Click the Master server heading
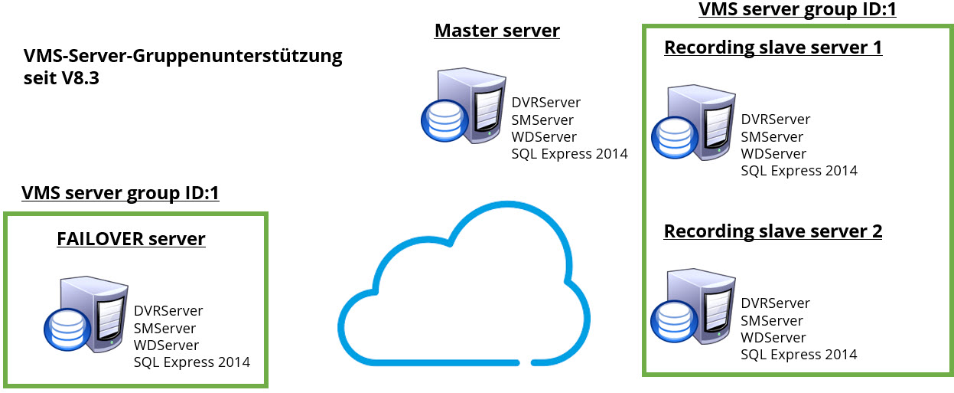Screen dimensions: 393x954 (x=497, y=31)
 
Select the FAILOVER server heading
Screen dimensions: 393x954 (x=131, y=239)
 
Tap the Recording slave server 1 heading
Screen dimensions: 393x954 (x=773, y=47)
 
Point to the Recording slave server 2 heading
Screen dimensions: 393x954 (x=773, y=231)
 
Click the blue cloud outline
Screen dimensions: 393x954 (x=464, y=283)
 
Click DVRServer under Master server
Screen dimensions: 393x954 (x=545, y=103)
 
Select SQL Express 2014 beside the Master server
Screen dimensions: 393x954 (x=569, y=154)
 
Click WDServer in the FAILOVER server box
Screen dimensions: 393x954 (x=166, y=346)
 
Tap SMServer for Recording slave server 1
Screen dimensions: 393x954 (x=772, y=137)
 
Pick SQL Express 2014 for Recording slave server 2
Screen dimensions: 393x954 (x=799, y=354)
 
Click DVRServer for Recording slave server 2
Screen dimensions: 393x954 (x=775, y=303)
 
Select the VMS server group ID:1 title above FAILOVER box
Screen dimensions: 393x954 (x=120, y=193)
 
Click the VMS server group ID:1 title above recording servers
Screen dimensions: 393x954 (x=797, y=10)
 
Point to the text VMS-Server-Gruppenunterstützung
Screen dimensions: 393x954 (x=183, y=57)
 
